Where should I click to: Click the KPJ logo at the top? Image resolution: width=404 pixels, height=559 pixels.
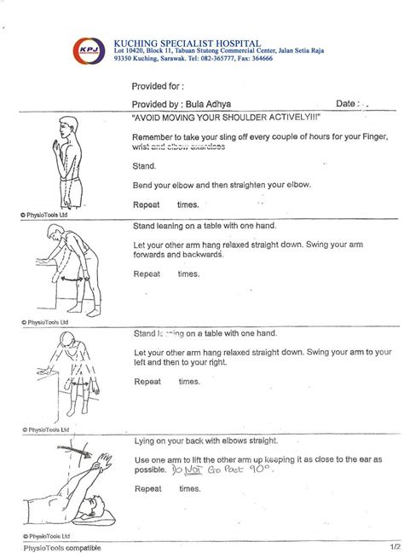point(85,52)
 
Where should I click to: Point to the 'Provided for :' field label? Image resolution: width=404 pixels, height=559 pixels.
point(158,86)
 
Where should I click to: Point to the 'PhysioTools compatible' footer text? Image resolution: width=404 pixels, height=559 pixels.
point(66,549)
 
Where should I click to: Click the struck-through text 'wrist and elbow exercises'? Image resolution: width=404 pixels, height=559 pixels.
point(179,147)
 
